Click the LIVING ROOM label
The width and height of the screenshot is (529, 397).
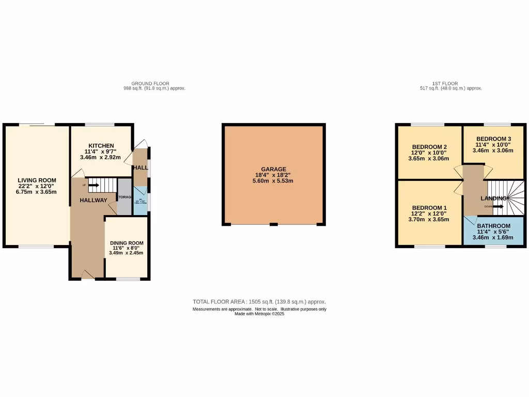point(37,180)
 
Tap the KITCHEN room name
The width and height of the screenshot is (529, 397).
point(101,146)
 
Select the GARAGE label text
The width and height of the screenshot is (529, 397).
point(273,169)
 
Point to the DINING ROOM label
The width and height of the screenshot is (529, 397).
point(127,242)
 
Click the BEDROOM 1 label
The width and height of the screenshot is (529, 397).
point(428,207)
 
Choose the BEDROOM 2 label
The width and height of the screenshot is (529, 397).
point(428,147)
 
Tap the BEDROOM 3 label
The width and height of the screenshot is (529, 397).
point(493,139)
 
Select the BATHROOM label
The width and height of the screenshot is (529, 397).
point(493,226)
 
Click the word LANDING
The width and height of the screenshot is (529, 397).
point(493,198)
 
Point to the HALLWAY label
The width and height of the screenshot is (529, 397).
point(94,201)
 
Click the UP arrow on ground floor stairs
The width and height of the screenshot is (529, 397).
point(93,185)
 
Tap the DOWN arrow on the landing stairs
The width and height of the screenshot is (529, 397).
point(497,207)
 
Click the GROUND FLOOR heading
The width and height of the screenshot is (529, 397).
point(150,83)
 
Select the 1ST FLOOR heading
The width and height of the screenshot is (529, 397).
point(445,83)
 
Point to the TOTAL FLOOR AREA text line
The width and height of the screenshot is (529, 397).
point(259,301)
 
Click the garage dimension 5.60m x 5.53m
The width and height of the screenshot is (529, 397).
point(273,181)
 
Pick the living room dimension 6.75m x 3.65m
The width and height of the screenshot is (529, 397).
point(37,192)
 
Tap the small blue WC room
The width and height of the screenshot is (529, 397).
point(141,198)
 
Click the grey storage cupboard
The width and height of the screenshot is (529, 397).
point(125,196)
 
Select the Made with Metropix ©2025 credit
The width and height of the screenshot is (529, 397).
point(259,314)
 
